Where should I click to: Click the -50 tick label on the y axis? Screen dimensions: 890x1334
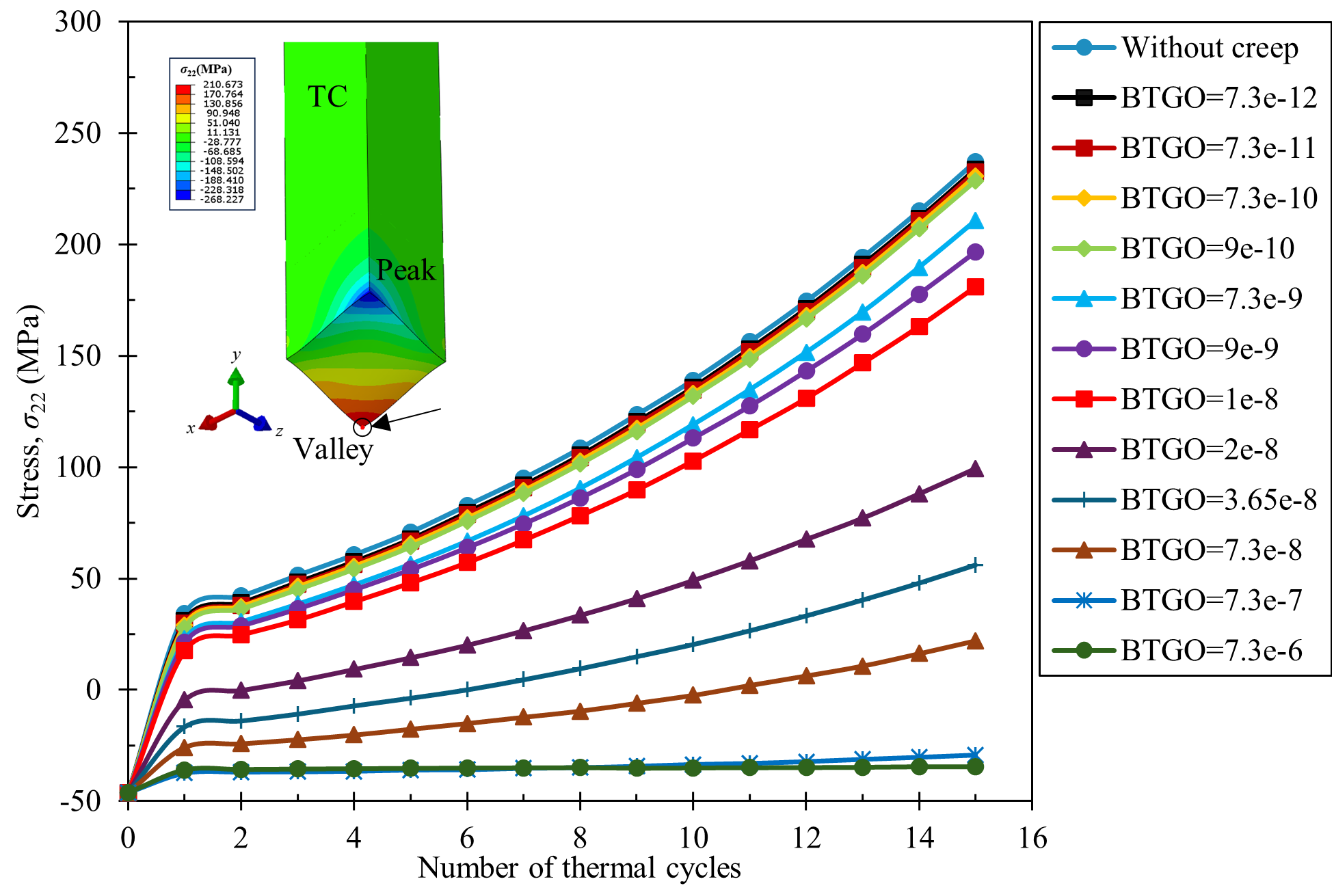coord(80,801)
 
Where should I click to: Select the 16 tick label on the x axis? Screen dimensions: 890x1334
coord(1032,838)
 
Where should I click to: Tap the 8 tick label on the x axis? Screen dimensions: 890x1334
coord(580,838)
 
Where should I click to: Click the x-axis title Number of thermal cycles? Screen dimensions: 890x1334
coord(579,868)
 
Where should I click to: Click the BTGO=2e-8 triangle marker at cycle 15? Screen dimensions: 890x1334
coord(975,469)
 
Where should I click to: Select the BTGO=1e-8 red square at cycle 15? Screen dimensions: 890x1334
coord(975,287)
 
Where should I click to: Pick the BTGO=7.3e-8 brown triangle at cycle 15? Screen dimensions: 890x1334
coord(975,641)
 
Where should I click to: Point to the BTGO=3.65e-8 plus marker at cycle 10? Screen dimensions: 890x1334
coord(693,645)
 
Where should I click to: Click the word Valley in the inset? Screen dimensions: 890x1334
coord(334,450)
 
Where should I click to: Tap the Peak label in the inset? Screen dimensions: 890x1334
coord(405,271)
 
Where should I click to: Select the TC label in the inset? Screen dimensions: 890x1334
coord(328,96)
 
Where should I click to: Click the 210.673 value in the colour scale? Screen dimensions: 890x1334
coord(223,85)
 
